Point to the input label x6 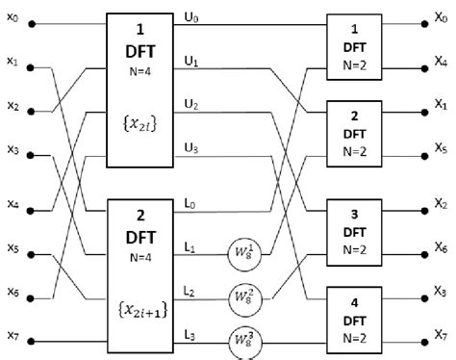(x=13, y=291)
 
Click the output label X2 (x=439, y=204)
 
